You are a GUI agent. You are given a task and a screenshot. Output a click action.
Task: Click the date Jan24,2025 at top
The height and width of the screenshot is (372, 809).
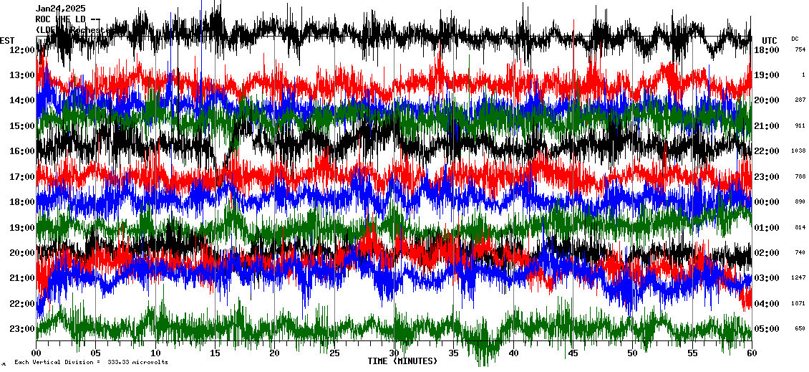coord(60,8)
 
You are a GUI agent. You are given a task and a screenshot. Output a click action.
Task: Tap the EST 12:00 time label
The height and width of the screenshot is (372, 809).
coord(21,50)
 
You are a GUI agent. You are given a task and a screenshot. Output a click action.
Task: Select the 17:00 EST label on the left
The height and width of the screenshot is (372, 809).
coord(21,177)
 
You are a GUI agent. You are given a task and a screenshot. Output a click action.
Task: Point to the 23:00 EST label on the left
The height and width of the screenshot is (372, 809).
coord(21,329)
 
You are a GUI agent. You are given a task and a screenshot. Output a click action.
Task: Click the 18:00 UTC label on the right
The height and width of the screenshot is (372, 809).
coord(767,50)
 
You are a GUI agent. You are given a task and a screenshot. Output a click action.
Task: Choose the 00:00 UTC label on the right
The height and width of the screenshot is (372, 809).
coord(767,202)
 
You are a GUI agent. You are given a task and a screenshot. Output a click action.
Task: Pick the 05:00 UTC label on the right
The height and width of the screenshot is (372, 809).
coord(767,329)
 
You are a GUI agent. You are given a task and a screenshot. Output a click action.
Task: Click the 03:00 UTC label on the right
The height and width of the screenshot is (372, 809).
coord(767,278)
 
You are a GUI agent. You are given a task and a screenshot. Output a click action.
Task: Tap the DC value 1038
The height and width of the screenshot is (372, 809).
coord(799,151)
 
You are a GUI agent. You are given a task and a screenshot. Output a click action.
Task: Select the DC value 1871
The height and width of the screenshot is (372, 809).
coord(799,303)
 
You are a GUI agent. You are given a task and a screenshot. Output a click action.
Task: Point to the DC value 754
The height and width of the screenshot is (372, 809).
coord(800,50)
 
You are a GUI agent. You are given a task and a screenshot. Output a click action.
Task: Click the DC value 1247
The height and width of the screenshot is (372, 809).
coord(799,278)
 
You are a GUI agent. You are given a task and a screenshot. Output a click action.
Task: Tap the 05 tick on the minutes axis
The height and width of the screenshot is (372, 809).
coord(96,353)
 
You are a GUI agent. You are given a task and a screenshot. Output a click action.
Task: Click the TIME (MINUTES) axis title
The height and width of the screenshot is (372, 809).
coord(402,361)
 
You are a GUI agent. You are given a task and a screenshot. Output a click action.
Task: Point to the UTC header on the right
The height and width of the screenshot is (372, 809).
coord(770,40)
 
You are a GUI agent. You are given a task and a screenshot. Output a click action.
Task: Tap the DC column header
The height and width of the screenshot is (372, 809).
coord(795,39)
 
